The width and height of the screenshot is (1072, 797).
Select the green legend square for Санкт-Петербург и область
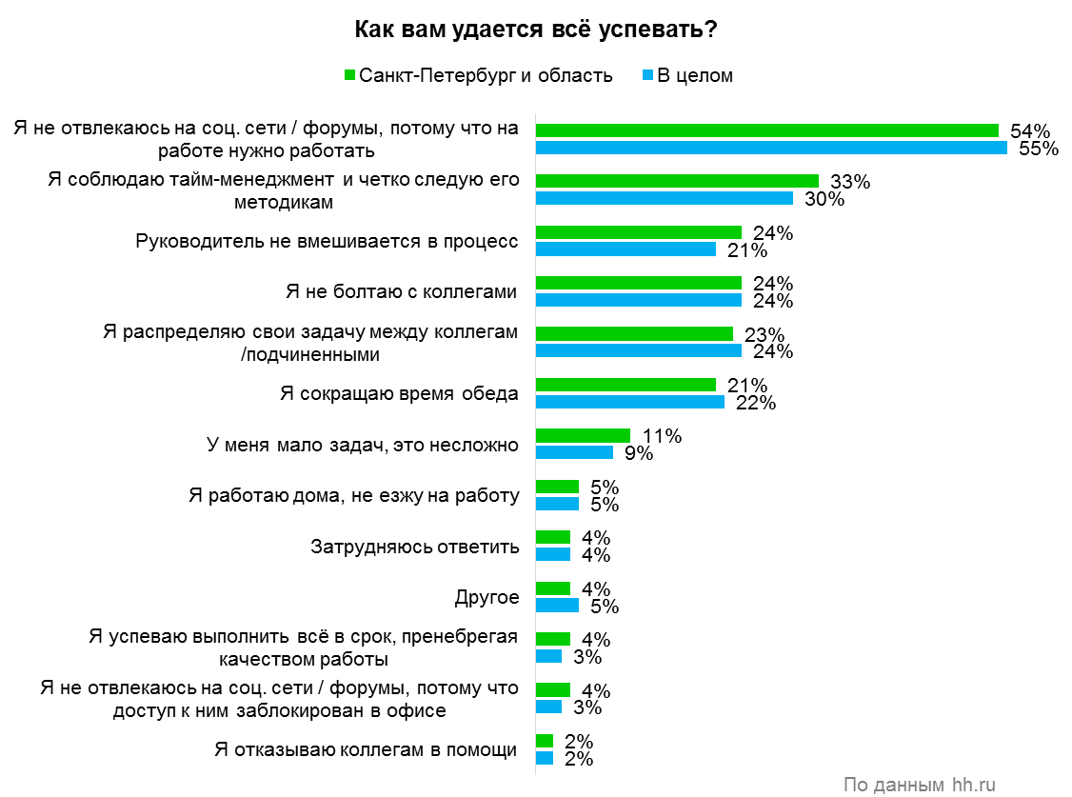click(348, 75)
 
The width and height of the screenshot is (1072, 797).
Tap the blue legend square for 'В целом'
click(647, 75)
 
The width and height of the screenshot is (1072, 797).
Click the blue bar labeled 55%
click(771, 148)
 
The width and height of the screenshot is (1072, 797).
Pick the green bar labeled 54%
click(766, 130)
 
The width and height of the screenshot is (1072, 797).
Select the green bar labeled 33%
click(677, 181)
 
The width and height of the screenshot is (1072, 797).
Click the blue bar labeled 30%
click(665, 198)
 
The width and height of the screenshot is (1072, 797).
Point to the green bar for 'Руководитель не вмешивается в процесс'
click(639, 232)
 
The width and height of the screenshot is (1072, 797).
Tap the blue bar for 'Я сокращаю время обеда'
click(630, 402)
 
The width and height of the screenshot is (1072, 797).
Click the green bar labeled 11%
click(583, 435)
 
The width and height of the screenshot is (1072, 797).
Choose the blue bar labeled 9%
click(574, 452)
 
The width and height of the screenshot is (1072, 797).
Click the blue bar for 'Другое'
click(557, 605)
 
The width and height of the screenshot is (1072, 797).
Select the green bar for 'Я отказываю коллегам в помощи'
click(545, 741)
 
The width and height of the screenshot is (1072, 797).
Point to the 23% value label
click(764, 334)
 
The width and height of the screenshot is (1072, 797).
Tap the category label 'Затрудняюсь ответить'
click(415, 547)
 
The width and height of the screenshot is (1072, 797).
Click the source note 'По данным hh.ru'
click(920, 785)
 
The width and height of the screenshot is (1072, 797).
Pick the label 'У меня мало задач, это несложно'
click(363, 445)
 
